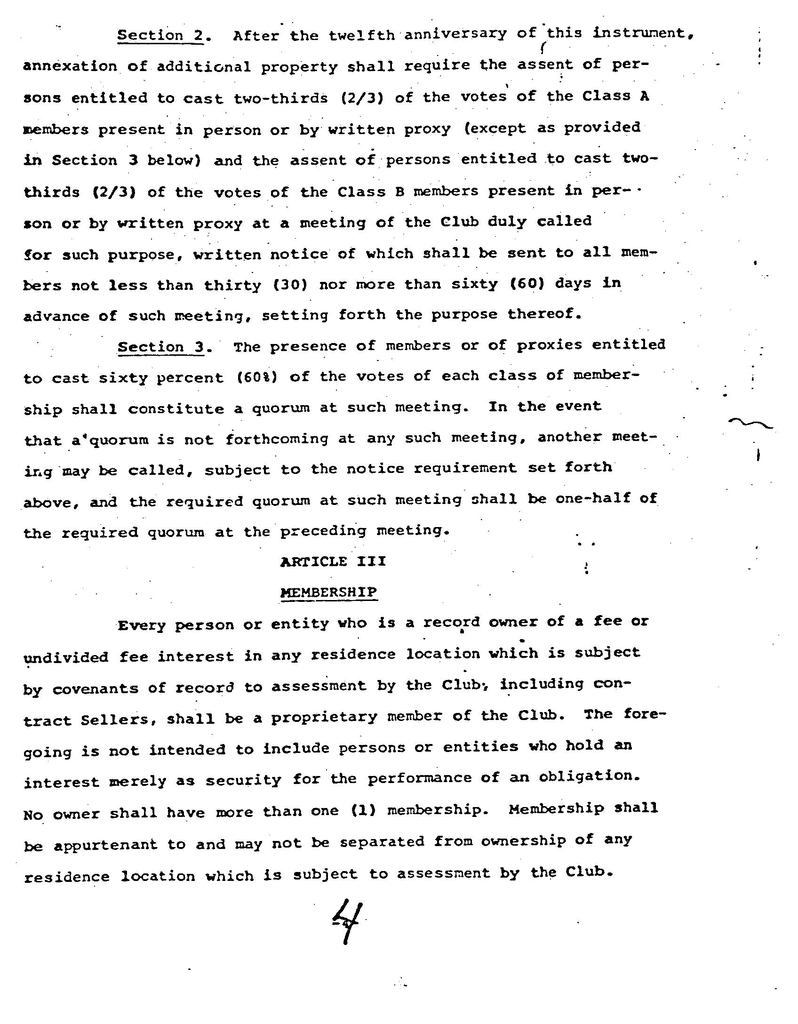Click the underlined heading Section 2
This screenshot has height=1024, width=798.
160,36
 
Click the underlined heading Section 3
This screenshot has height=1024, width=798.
161,347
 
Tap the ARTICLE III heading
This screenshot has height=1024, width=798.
333,561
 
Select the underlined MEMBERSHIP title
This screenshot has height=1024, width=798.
329,592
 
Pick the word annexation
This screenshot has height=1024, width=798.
70,66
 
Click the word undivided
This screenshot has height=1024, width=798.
66,657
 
